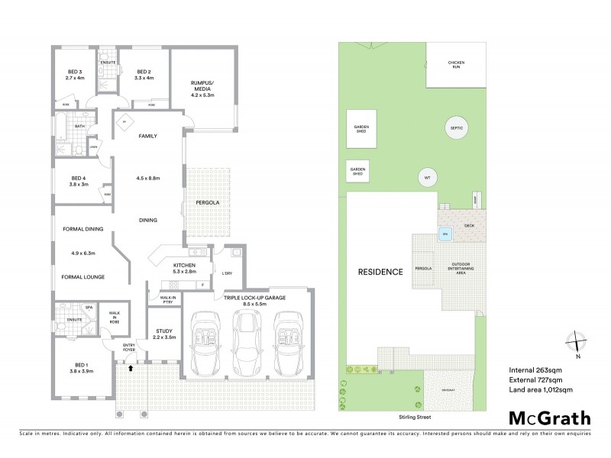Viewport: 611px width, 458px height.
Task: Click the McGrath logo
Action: click(x=550, y=418)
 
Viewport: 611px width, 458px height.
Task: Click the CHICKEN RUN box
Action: click(x=456, y=65)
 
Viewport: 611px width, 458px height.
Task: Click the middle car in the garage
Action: click(x=245, y=344)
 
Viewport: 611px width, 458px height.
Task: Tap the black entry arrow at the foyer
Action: click(x=130, y=368)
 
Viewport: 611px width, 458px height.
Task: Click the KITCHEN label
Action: click(x=184, y=265)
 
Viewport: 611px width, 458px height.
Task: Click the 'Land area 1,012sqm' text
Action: click(x=541, y=390)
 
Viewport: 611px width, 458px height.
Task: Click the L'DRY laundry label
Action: click(x=226, y=273)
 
